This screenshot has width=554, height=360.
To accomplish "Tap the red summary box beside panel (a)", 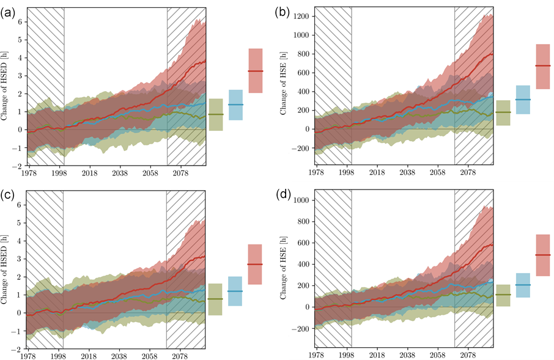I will coord(255,71).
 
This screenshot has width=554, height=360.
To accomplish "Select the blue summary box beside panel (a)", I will coord(235,105).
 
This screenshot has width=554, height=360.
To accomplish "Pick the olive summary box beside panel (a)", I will coord(215,114).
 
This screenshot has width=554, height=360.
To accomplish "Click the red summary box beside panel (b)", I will coord(542,66).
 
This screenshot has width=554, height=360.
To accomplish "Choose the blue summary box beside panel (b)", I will coord(523,100).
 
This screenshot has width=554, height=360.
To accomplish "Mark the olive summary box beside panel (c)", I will coord(215,299).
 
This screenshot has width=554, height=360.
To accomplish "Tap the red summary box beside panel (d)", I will coord(542,255).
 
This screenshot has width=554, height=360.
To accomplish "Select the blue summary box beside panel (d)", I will coord(523,285).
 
